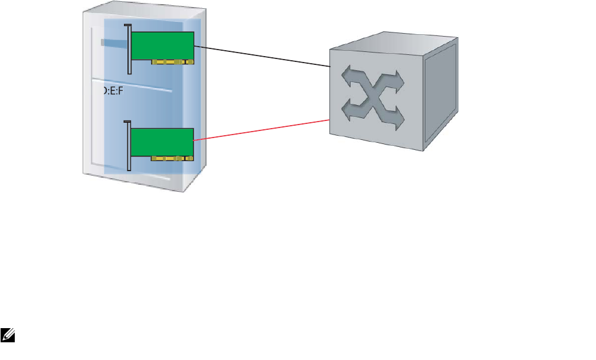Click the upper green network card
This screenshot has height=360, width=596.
(x=162, y=45)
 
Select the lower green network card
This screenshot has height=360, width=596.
(x=162, y=142)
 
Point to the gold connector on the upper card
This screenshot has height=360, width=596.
(x=172, y=61)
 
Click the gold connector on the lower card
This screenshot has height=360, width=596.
(x=172, y=158)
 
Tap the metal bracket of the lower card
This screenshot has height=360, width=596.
(x=127, y=146)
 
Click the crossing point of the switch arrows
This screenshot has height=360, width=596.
(x=375, y=97)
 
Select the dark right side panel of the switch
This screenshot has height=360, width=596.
(x=440, y=94)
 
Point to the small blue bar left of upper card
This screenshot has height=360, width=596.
(x=115, y=42)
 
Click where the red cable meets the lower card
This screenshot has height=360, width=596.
(x=195, y=140)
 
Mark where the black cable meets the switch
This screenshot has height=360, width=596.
(x=329, y=66)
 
